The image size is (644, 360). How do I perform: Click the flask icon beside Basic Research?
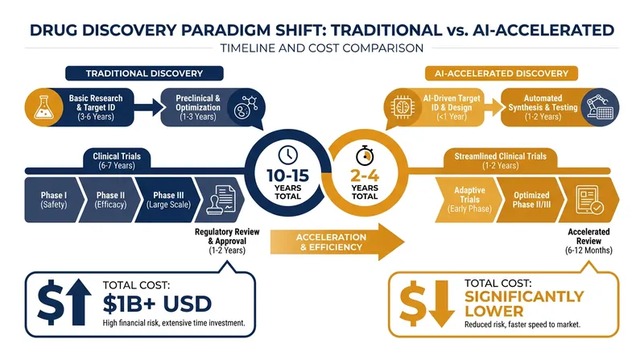point(43,107)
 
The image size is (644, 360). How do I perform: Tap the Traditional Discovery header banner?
point(144,73)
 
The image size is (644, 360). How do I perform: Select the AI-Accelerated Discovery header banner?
point(501,73)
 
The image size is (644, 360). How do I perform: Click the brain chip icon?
point(402,107)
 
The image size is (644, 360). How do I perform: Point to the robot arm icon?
point(600,107)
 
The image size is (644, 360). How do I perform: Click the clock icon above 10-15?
point(288,155)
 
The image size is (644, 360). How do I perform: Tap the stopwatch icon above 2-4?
point(365,155)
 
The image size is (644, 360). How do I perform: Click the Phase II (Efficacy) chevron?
point(109,201)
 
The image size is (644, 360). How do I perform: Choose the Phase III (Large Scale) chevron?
point(167,201)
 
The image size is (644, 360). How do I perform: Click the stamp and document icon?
point(221,200)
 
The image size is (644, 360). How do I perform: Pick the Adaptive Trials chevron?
point(469,201)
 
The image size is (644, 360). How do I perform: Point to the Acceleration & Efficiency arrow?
point(337,242)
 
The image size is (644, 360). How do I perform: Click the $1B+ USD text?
point(157,304)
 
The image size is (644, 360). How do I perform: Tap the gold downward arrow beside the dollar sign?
point(441,304)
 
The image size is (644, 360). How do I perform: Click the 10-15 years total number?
point(288,176)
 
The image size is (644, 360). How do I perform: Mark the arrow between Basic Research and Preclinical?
point(149,107)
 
